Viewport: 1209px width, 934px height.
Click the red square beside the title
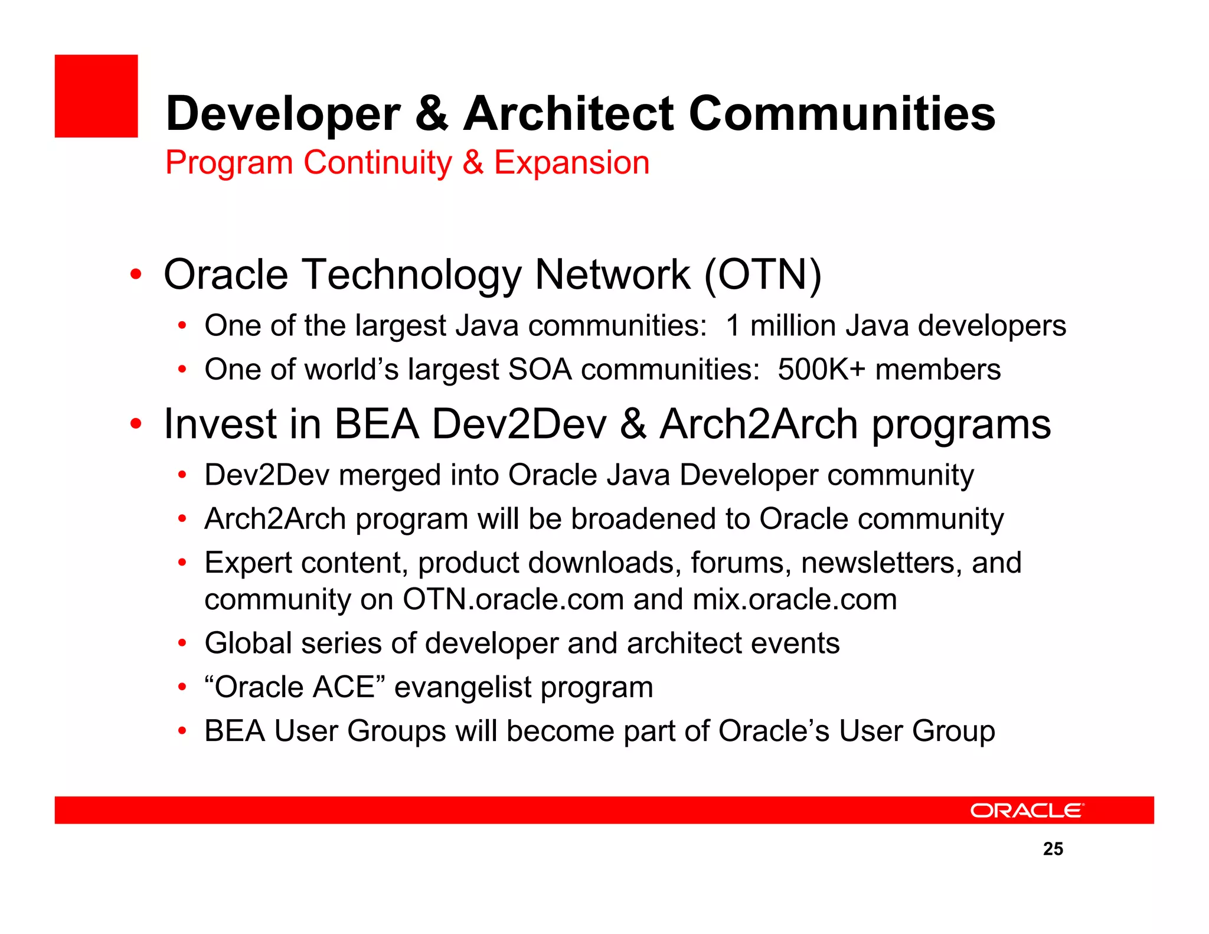coord(96,96)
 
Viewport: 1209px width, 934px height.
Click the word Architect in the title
coord(568,113)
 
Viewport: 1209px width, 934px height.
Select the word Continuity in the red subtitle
coord(378,162)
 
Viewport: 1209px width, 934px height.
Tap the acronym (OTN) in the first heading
coord(763,275)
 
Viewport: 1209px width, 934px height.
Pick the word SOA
coord(540,370)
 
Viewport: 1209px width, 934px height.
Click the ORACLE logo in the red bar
coord(1027,811)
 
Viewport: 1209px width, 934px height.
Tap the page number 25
coord(1053,849)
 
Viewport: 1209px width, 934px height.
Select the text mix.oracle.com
coord(795,600)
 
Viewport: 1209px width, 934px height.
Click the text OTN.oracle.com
coord(513,600)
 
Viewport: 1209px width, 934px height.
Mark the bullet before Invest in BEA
coord(136,424)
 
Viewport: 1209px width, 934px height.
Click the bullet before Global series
coord(182,644)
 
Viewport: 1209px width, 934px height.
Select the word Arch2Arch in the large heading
coord(758,424)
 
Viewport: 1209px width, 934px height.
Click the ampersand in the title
coord(432,113)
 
